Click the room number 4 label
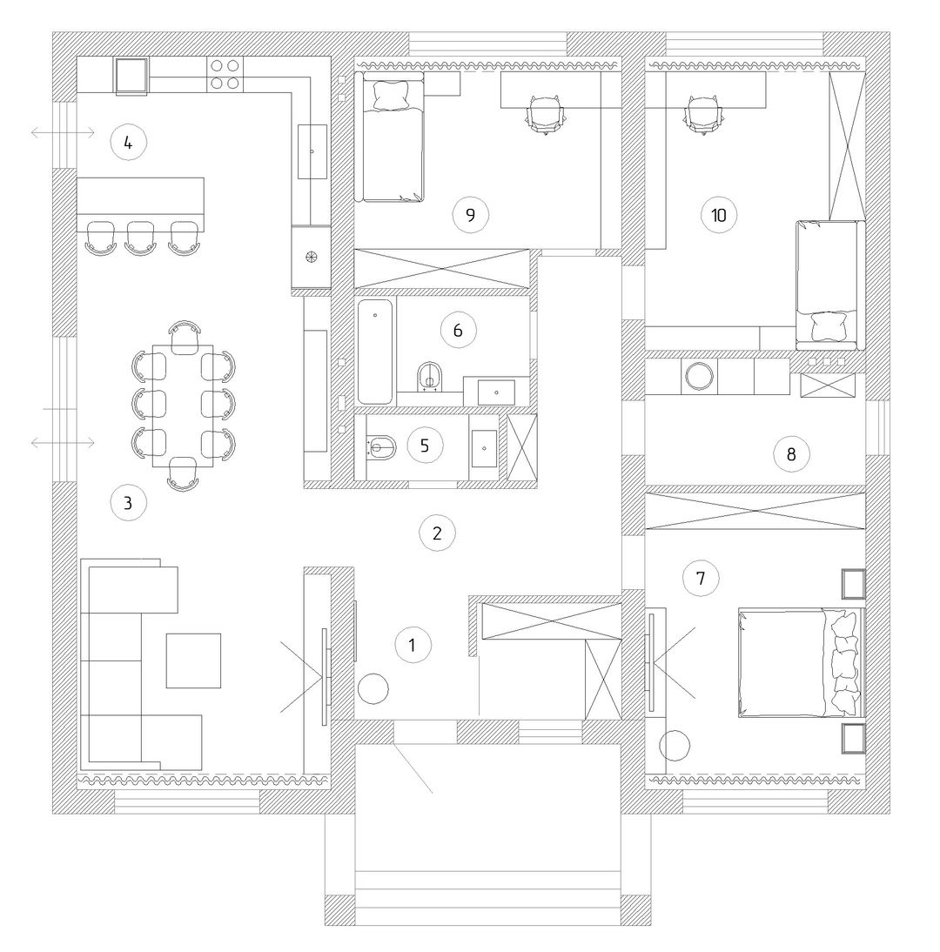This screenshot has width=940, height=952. pyautogui.click(x=128, y=143)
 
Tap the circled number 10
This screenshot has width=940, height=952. pyautogui.click(x=719, y=215)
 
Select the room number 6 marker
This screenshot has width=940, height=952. pyautogui.click(x=459, y=330)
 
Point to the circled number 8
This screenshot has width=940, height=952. pyautogui.click(x=791, y=454)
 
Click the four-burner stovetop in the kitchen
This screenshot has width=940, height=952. pyautogui.click(x=225, y=75)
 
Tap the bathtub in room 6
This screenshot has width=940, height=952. pyautogui.click(x=374, y=352)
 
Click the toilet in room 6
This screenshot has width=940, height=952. pyautogui.click(x=431, y=377)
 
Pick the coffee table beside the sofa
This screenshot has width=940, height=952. pyautogui.click(x=194, y=660)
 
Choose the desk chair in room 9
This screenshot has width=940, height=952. pyautogui.click(x=545, y=113)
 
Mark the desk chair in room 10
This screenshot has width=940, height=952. pyautogui.click(x=704, y=113)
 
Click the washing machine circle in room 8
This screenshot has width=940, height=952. pyautogui.click(x=699, y=377)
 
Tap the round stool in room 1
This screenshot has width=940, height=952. pyautogui.click(x=373, y=688)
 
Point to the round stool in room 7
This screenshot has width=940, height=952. pyautogui.click(x=675, y=745)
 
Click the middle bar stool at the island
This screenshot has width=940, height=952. pyautogui.click(x=140, y=238)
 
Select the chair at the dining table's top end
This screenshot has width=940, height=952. pyautogui.click(x=185, y=337)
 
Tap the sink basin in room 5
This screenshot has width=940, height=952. pyautogui.click(x=484, y=449)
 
